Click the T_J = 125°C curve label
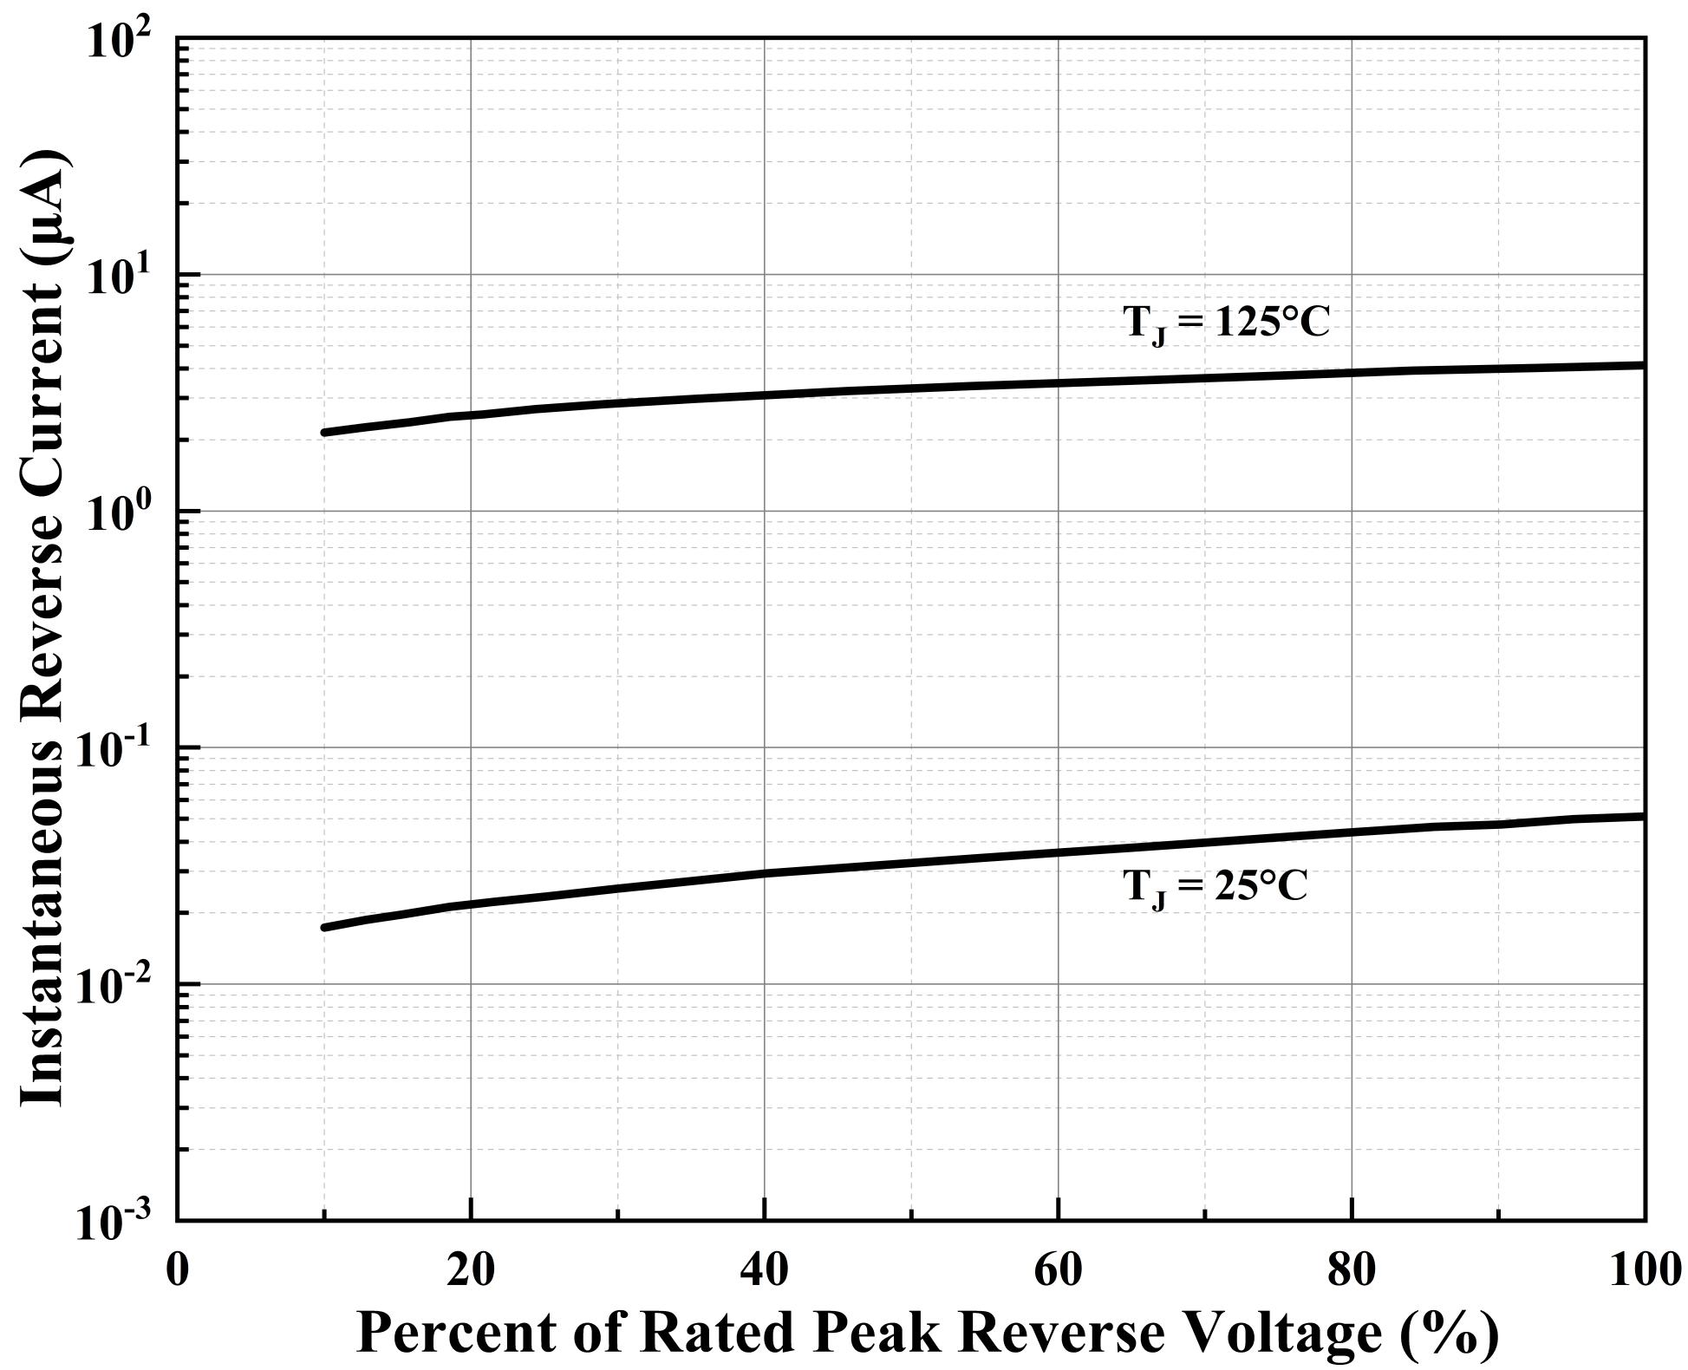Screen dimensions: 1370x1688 coord(1225,323)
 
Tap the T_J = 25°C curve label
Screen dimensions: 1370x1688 coord(1215,887)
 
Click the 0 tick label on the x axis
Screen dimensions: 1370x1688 coord(177,1271)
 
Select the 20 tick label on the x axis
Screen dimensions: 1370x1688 coord(470,1271)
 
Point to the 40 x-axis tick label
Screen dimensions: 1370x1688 coord(764,1271)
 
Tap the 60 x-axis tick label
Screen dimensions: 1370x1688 coord(1058,1271)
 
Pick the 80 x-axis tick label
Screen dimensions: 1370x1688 coord(1352,1271)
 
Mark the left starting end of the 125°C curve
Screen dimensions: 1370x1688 coord(324,432)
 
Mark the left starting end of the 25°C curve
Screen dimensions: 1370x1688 coord(324,928)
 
